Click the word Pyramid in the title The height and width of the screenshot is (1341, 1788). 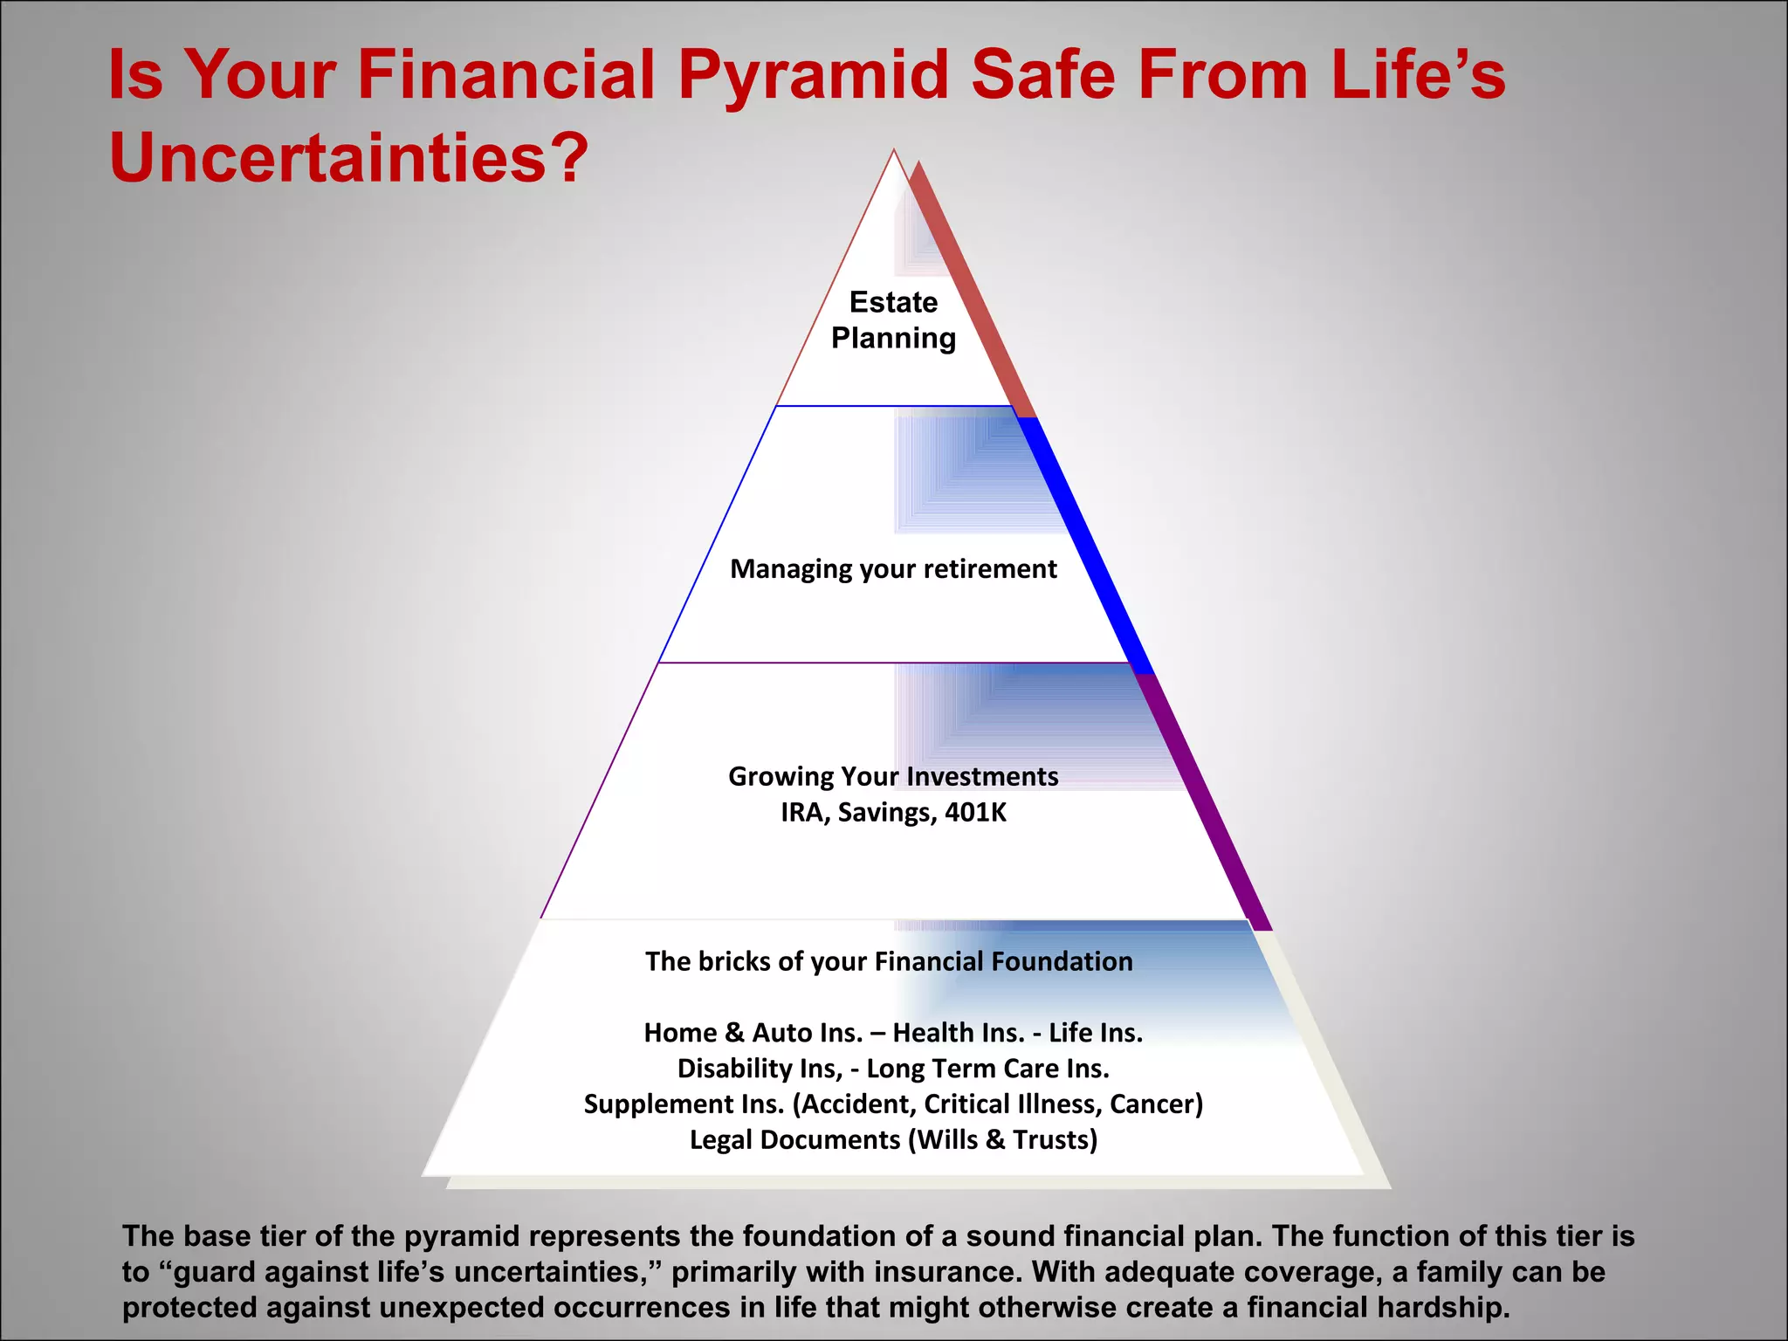click(x=813, y=76)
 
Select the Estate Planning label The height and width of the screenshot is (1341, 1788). click(x=893, y=320)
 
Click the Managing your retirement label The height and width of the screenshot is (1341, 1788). click(x=893, y=569)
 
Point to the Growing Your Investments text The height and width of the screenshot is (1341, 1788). click(x=893, y=776)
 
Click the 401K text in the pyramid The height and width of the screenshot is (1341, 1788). click(x=975, y=813)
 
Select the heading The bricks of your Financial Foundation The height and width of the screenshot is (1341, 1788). click(x=889, y=961)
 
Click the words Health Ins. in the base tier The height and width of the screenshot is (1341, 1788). click(x=959, y=1033)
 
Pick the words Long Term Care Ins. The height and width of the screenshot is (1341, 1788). click(x=987, y=1069)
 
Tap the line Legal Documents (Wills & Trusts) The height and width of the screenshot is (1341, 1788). click(x=893, y=1140)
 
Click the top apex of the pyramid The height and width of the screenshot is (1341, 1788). click(x=894, y=153)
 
